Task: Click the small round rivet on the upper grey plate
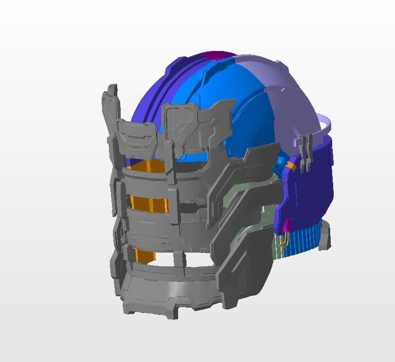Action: click(214, 121)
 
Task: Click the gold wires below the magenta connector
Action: click(284, 241)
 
